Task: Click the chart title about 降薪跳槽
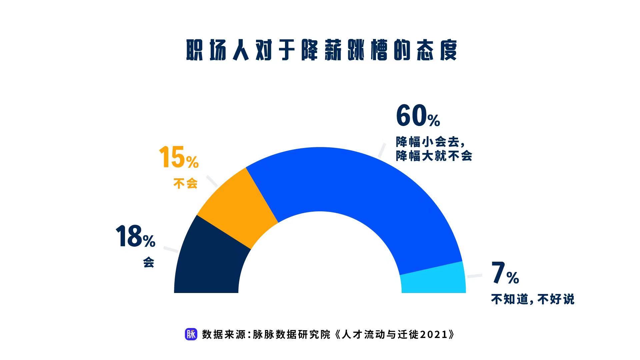point(321,51)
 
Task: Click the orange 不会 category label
point(185,183)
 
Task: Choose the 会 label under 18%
point(149,262)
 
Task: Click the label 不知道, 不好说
point(533,299)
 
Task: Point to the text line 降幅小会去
point(430,142)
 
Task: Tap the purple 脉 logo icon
point(191,334)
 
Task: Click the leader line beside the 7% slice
point(475,276)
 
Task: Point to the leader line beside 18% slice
point(171,250)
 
